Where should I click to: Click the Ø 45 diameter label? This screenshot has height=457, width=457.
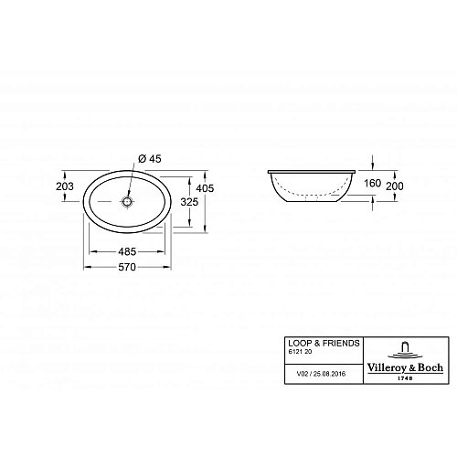149,159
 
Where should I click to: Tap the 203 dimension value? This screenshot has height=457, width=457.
65,187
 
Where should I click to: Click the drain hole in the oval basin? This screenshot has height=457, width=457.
129,199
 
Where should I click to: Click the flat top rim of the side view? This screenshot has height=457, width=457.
312,171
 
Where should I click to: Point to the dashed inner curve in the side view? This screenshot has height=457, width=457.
312,194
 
